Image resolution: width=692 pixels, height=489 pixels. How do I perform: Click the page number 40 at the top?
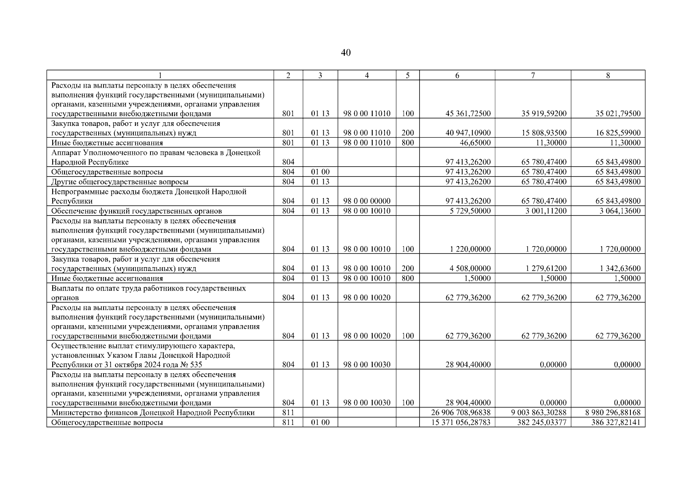point(345,53)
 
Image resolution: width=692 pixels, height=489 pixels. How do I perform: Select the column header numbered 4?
point(367,75)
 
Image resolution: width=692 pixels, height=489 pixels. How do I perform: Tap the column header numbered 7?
point(533,75)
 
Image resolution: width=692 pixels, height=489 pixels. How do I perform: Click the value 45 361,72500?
point(468,114)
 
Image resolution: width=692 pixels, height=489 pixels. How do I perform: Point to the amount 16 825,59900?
point(618,133)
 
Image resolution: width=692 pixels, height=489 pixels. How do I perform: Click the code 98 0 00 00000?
point(367,201)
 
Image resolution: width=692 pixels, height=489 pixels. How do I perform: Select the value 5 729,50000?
point(470,211)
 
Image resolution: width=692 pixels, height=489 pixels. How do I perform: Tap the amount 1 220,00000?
point(470,249)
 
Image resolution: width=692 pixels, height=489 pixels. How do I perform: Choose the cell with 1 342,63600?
point(620,269)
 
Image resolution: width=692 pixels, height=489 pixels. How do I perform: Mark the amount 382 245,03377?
point(540,423)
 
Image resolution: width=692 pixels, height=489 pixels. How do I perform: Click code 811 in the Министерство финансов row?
point(288,413)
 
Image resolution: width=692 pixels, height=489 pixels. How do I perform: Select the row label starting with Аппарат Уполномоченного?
point(156,157)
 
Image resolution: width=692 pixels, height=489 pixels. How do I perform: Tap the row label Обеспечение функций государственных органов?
point(137,211)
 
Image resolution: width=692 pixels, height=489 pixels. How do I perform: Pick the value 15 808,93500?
point(544,133)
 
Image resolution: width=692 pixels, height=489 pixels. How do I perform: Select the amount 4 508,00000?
point(470,269)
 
